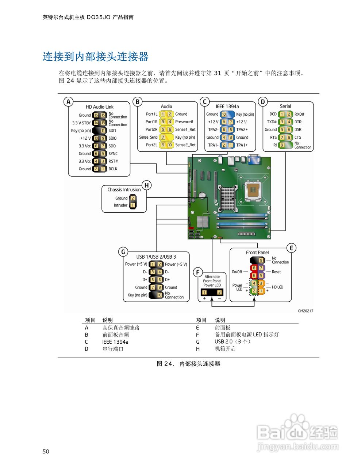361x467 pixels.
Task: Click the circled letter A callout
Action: (x=68, y=102)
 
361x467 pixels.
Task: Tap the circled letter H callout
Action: (x=146, y=185)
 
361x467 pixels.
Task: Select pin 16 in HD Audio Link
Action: (x=96, y=115)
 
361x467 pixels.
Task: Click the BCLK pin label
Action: (x=113, y=169)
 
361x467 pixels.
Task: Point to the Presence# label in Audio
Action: (x=184, y=122)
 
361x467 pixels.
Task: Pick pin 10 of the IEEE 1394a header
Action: (x=224, y=114)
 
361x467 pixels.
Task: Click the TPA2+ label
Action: (x=242, y=130)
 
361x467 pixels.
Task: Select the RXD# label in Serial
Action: (x=299, y=114)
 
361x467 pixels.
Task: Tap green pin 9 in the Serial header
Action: (x=282, y=145)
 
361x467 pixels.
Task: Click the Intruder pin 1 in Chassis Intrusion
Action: (x=133, y=205)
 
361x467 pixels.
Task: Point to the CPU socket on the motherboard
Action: (x=254, y=190)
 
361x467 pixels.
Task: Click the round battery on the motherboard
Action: (x=202, y=195)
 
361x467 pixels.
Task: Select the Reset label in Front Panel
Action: (x=276, y=272)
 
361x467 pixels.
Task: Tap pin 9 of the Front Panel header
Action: (x=261, y=260)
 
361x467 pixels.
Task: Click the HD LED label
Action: (x=277, y=287)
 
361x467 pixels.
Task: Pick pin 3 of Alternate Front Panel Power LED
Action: (x=219, y=292)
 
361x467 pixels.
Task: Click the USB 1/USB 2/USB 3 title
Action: (x=156, y=257)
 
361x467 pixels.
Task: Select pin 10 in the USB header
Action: (x=160, y=295)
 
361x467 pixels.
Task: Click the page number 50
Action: (x=46, y=451)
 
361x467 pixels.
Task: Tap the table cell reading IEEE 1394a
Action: (x=115, y=342)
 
